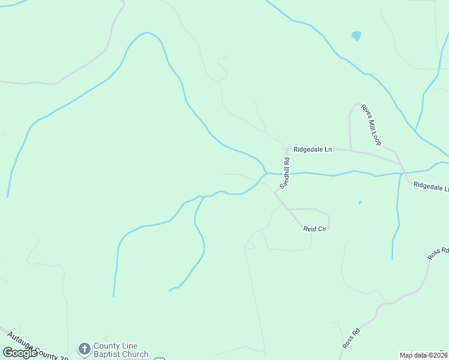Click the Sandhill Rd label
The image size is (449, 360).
tap(287, 170)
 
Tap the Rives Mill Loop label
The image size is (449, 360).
tap(370, 125)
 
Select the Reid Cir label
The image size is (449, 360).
tap(313, 229)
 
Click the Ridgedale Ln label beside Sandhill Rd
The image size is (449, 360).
tap(312, 149)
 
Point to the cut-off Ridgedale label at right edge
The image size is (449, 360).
tap(431, 187)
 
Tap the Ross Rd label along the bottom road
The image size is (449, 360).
tap(351, 338)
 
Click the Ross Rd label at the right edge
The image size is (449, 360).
tap(438, 253)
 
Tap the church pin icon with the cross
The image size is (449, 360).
tap(84, 349)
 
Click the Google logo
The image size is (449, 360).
tap(20, 352)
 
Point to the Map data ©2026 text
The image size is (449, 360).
tap(423, 355)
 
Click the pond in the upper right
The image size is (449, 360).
tap(357, 35)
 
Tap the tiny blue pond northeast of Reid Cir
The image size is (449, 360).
tap(360, 202)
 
